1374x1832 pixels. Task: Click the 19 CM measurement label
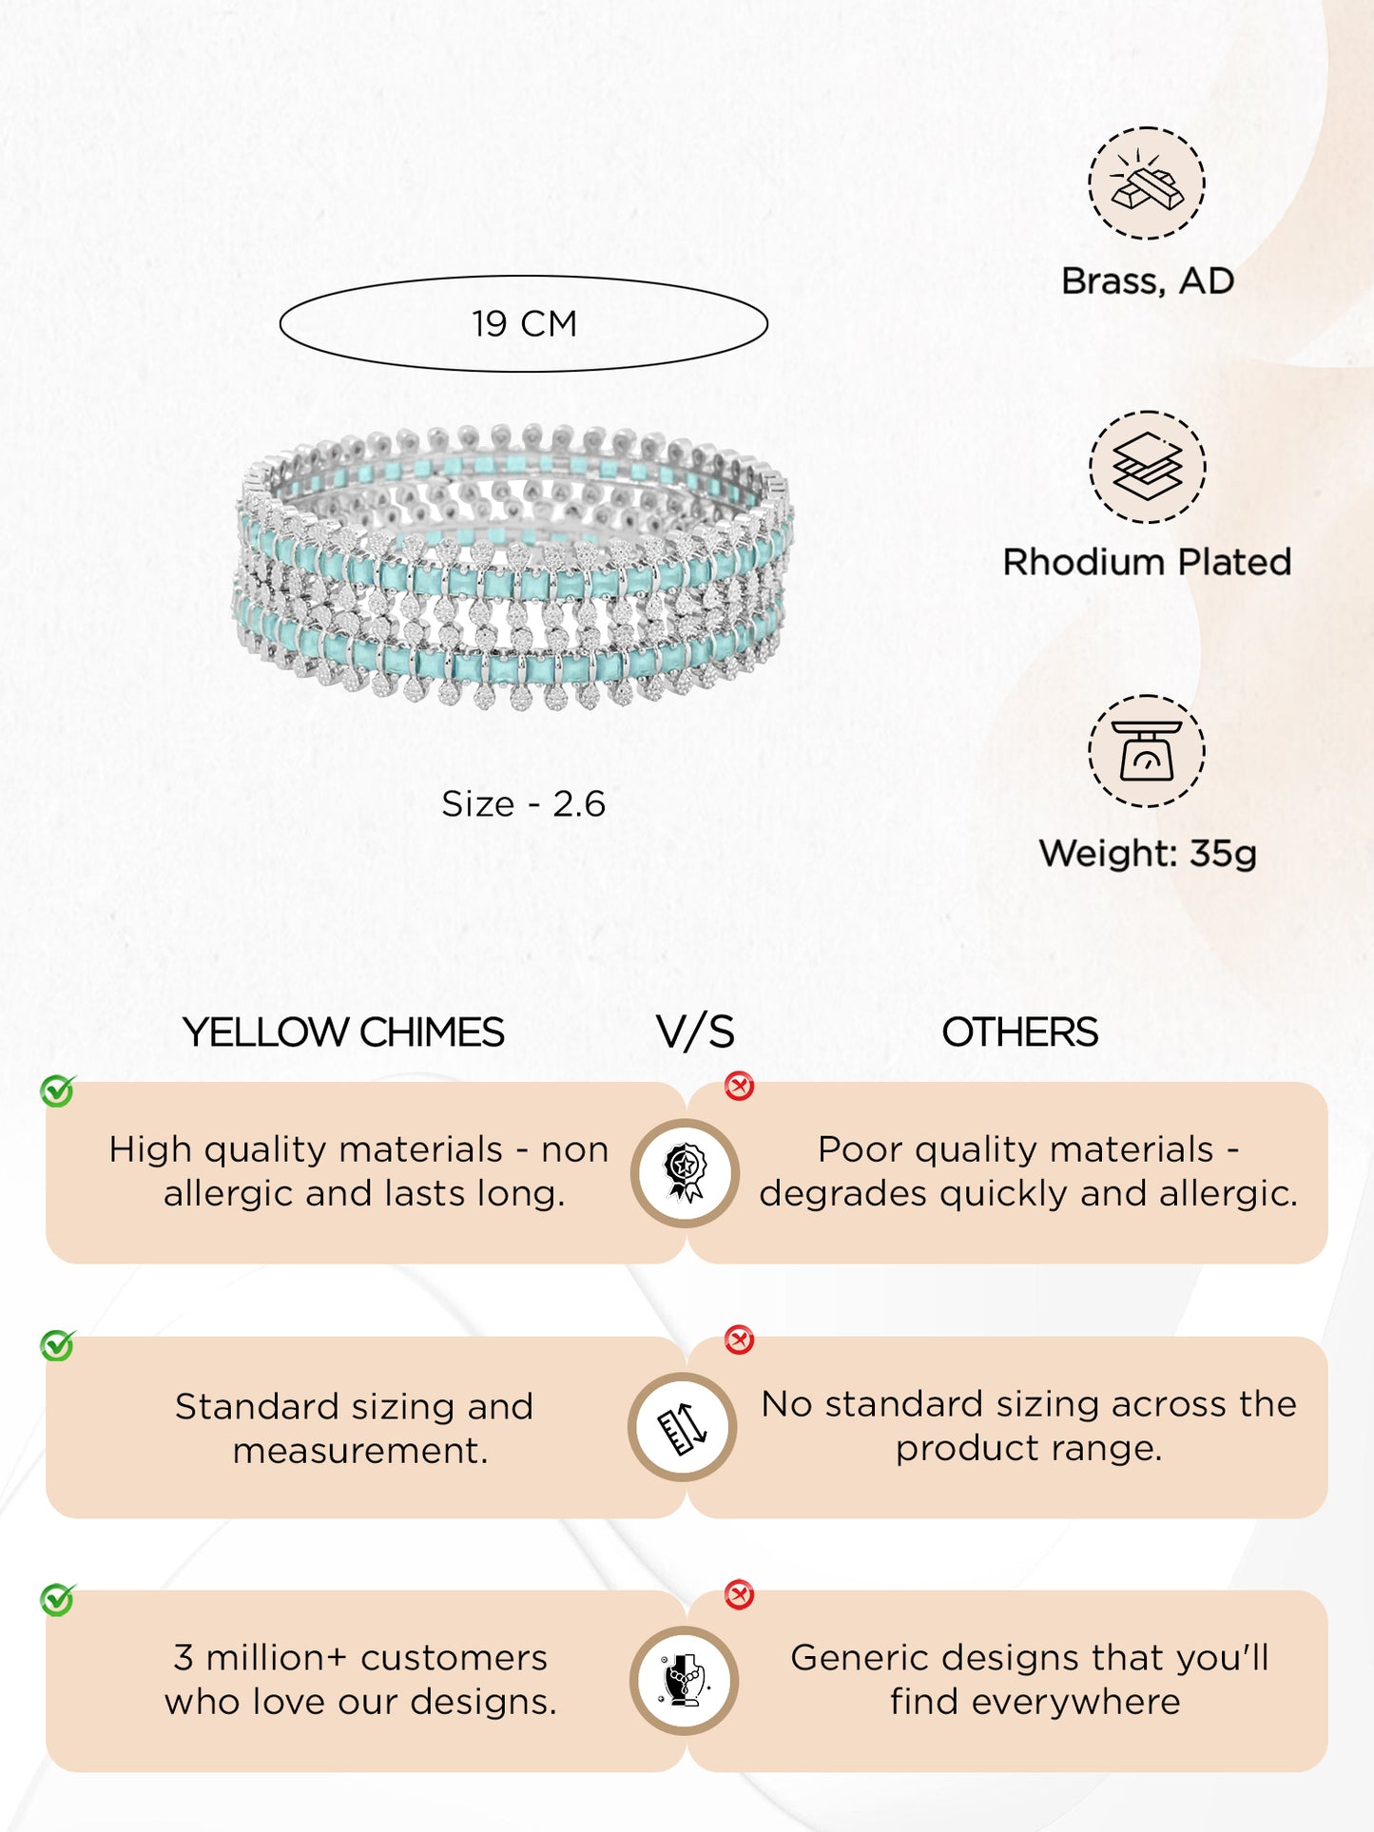pyautogui.click(x=524, y=324)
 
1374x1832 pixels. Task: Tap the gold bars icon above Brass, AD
pyautogui.click(x=1147, y=183)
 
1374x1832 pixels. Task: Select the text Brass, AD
pyautogui.click(x=1148, y=281)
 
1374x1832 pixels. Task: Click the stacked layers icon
pyautogui.click(x=1147, y=467)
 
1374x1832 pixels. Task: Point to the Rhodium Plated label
pyautogui.click(x=1147, y=562)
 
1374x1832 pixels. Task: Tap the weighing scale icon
pyautogui.click(x=1147, y=751)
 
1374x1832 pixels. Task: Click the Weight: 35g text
pyautogui.click(x=1148, y=853)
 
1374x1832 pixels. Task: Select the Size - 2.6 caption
pyautogui.click(x=524, y=804)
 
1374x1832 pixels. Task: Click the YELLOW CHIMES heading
pyautogui.click(x=343, y=1032)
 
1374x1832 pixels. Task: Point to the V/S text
pyautogui.click(x=695, y=1032)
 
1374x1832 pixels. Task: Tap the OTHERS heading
pyautogui.click(x=1019, y=1032)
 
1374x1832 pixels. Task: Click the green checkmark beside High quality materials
pyautogui.click(x=58, y=1091)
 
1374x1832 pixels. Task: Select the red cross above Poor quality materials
pyautogui.click(x=739, y=1086)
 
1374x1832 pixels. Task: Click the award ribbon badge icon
pyautogui.click(x=685, y=1173)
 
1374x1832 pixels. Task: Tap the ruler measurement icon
pyautogui.click(x=683, y=1428)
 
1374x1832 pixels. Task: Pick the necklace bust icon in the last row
pyautogui.click(x=684, y=1680)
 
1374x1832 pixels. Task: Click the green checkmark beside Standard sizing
pyautogui.click(x=58, y=1345)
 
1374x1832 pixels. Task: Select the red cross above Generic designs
pyautogui.click(x=739, y=1594)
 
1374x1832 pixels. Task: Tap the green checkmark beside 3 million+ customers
pyautogui.click(x=58, y=1600)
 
